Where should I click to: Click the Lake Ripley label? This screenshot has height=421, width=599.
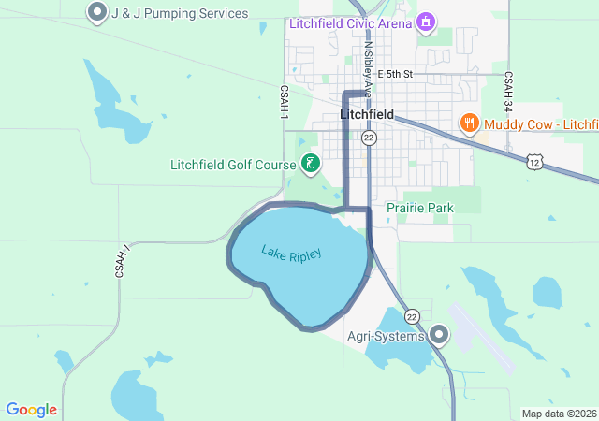[x=291, y=253]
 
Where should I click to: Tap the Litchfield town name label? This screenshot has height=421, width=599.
[x=366, y=115]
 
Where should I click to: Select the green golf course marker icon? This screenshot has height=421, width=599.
[x=311, y=166]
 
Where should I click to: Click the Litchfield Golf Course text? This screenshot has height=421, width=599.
[x=233, y=166]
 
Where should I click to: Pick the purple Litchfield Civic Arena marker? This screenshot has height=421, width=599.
[x=427, y=22]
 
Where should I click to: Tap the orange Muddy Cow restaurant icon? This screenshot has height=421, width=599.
[x=469, y=123]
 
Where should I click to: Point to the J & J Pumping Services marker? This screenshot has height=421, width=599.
[x=96, y=13]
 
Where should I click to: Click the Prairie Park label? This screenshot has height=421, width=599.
[x=419, y=207]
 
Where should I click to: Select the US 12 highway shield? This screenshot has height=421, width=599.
[x=534, y=162]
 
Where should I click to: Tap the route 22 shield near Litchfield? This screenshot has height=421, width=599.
[x=370, y=138]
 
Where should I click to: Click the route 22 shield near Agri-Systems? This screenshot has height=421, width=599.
[x=412, y=317]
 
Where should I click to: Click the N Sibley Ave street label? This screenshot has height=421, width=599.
[x=368, y=68]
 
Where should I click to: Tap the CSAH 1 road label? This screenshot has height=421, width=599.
[x=283, y=102]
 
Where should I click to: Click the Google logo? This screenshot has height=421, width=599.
[x=31, y=410]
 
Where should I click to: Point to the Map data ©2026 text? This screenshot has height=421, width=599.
[x=559, y=414]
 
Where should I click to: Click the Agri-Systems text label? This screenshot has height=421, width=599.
[x=387, y=335]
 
